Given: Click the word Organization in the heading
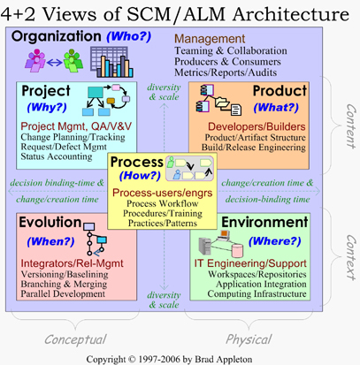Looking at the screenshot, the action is pos(56,37).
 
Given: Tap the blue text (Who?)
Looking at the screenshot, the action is pos(129,36).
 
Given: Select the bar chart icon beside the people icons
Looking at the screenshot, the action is pos(111,62).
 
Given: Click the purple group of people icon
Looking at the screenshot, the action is pos(35,61).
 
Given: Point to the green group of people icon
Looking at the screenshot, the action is pos(73,61).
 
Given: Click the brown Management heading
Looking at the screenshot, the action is pos(210,39).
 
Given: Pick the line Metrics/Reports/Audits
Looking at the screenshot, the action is pos(226,72).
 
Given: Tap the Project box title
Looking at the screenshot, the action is pos(46,91).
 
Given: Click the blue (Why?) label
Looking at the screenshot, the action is pos(47,107).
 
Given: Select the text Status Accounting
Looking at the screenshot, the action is pos(57,156).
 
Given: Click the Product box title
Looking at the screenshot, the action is pos(280,91).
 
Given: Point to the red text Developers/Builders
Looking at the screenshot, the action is pos(257,126).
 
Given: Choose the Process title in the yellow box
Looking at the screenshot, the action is pos(137,162).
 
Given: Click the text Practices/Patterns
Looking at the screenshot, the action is pos(163,223).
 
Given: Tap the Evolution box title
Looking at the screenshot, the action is pos(50,222).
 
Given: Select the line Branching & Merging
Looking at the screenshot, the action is pos(64,285).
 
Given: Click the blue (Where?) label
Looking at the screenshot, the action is pos(275,241).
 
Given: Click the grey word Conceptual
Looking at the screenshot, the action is pos(75,339).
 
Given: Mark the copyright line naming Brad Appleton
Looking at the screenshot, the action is pos(169,360).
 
